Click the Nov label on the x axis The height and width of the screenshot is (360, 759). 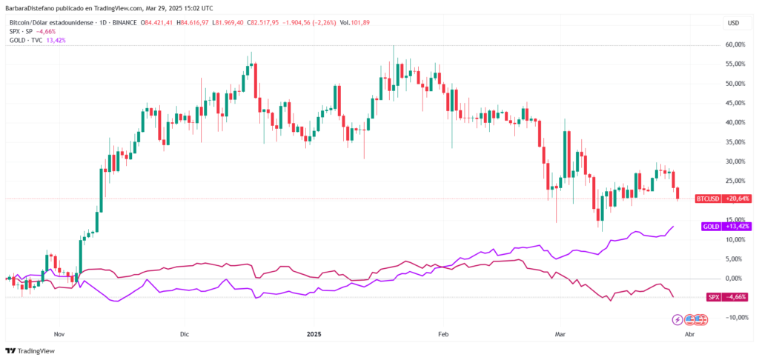(x=60, y=334)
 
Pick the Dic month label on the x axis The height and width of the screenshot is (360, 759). (x=185, y=334)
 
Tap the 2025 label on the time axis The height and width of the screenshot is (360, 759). (x=317, y=334)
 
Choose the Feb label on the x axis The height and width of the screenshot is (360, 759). (x=444, y=334)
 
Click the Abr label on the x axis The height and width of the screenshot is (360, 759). (x=689, y=334)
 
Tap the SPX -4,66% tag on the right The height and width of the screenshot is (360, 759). (x=725, y=297)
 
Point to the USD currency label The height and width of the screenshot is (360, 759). (x=734, y=23)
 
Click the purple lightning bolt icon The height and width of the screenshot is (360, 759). (x=677, y=320)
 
